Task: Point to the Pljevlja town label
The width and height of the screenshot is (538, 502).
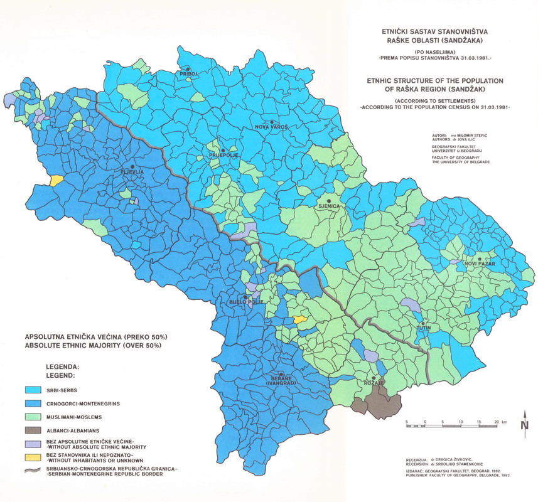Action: pos(132,172)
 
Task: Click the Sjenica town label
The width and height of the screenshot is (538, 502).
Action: pos(328,206)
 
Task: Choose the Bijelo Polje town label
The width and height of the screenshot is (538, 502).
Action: pos(245,302)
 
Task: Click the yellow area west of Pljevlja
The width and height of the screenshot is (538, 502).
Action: pos(56,180)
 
